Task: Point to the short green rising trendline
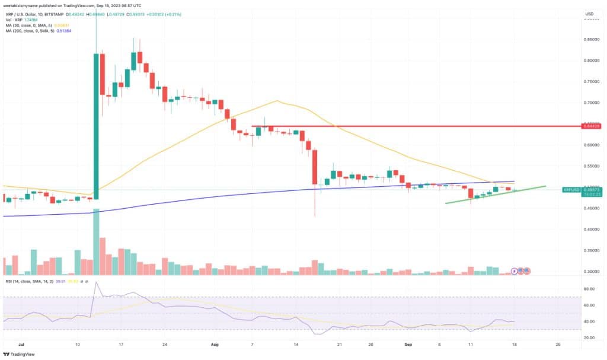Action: point(495,195)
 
